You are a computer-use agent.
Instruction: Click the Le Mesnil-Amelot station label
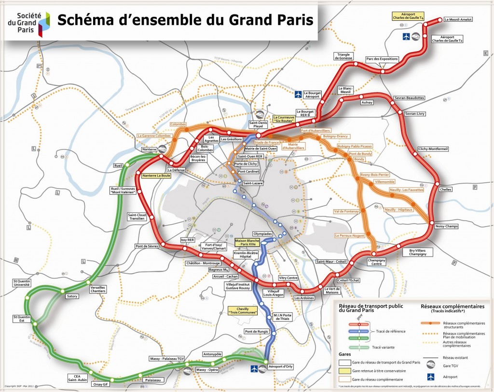point(458,20)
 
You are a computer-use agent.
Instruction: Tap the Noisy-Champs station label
point(446,226)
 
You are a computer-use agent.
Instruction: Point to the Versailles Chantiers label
point(98,289)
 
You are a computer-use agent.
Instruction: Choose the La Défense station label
point(176,170)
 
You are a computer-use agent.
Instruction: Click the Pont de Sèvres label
point(146,246)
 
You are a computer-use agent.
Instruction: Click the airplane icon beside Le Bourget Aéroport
point(299,94)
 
